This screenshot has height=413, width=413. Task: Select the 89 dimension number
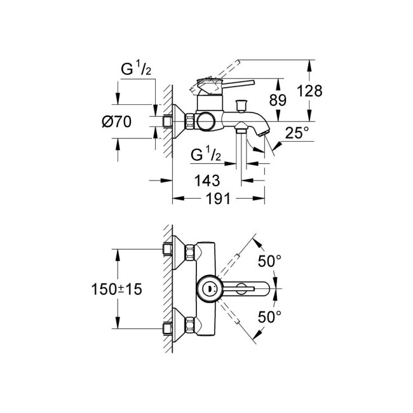tap(277, 100)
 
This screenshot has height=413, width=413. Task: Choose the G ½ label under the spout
tap(207, 154)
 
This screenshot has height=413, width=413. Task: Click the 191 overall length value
tap(219, 198)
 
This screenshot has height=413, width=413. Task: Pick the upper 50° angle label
tap(269, 261)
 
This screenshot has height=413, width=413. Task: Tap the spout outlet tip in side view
tap(264, 132)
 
